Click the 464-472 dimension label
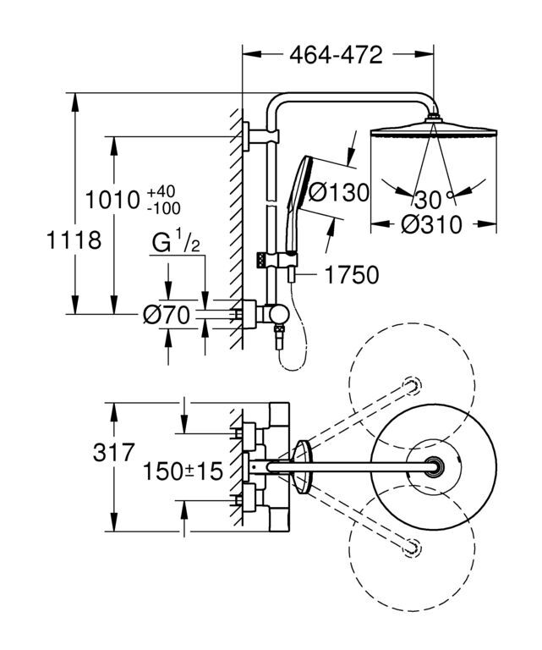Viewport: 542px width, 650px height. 336,55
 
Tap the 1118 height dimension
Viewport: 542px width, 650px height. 74,240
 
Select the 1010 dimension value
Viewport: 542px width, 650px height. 112,200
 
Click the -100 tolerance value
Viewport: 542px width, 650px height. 164,207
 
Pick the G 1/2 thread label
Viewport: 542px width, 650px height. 176,243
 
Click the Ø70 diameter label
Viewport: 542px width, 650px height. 167,316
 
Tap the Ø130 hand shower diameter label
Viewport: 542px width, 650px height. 339,192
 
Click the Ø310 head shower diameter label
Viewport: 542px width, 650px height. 431,224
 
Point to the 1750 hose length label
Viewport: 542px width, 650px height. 352,274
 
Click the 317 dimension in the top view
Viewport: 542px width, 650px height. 114,452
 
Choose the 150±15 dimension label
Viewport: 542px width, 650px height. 183,471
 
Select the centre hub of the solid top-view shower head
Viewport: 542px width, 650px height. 434,467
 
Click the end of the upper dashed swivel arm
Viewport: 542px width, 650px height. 412,385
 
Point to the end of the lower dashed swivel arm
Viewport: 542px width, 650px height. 412,548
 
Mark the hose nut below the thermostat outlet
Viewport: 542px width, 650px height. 281,331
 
